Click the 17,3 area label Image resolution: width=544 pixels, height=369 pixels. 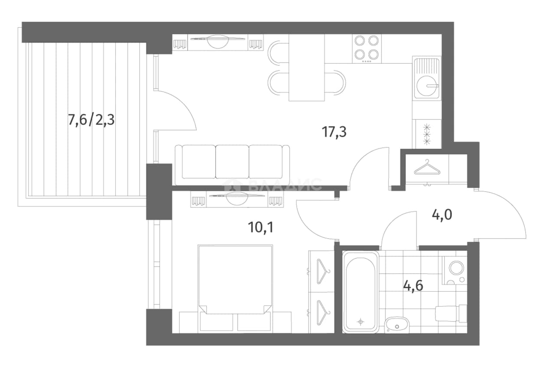coord(334,133)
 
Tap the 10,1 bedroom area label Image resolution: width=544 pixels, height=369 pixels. coord(261,228)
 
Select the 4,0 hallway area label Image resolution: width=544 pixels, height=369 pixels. coord(442,215)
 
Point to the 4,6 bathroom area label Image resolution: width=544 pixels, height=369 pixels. coord(413,286)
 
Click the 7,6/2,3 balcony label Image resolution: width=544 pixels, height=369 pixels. coord(91,120)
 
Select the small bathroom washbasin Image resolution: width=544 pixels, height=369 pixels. coord(397,325)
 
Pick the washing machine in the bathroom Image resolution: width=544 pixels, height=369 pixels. coord(454,270)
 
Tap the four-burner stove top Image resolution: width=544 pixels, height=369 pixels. coord(367,49)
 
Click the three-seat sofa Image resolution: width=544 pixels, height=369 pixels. coord(232,165)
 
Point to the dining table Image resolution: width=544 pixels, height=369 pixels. coord(307,67)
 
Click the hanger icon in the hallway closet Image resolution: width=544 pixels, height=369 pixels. coord(427,167)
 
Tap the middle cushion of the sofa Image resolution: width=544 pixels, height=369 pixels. coord(232,162)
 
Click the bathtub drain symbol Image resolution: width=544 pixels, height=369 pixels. coord(360,322)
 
